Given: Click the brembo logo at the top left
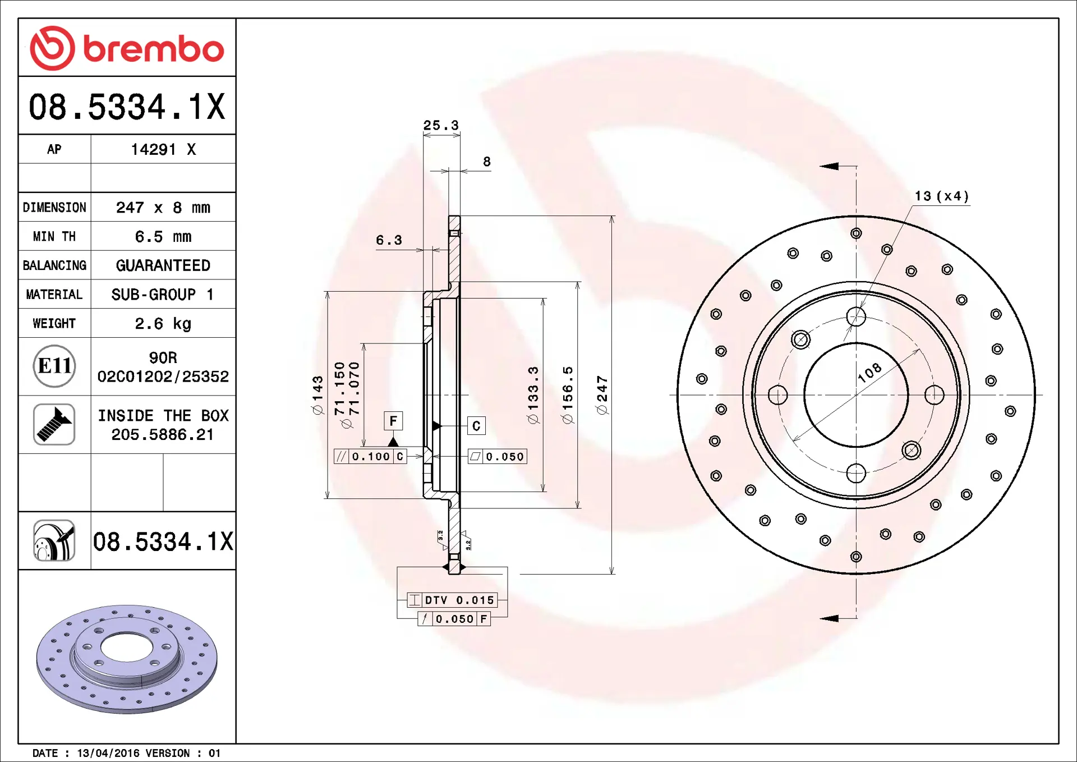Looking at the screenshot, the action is [x=127, y=48].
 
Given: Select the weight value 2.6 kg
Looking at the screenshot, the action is [x=163, y=324].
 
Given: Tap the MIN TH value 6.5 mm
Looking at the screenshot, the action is [x=163, y=237].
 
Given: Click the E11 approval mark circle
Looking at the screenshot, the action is [x=54, y=366].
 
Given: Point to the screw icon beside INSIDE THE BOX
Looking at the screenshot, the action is [x=54, y=425].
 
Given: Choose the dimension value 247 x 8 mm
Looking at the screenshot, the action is [x=163, y=208].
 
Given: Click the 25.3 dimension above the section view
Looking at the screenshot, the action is [x=441, y=125].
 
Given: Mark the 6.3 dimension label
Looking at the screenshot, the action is [x=389, y=240].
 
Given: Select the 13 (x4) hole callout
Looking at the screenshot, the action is [x=942, y=196].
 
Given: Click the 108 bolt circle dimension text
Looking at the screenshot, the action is [x=869, y=373].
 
